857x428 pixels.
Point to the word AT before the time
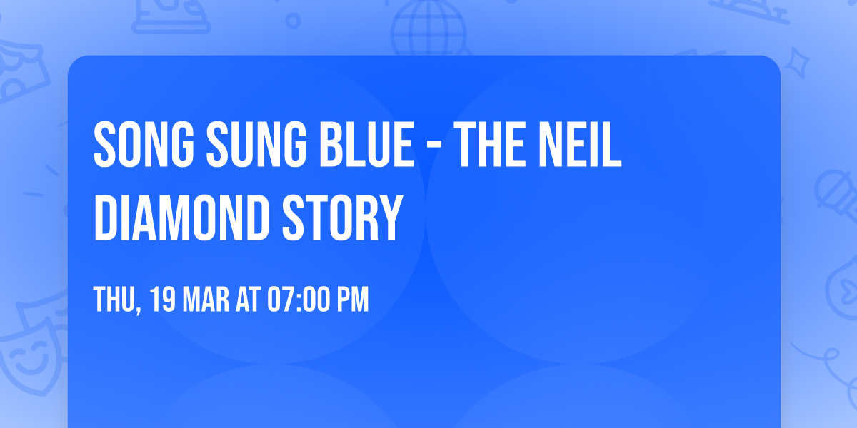click(249, 300)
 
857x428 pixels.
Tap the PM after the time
click(353, 300)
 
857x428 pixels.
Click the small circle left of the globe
click(292, 21)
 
